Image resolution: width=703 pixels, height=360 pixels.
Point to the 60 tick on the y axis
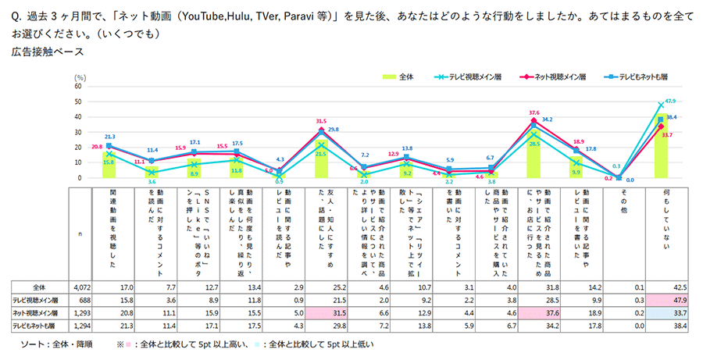[x=78, y=87]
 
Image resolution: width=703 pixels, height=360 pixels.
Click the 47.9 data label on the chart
[x=669, y=102]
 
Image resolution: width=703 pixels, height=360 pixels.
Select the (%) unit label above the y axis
[x=79, y=78]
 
